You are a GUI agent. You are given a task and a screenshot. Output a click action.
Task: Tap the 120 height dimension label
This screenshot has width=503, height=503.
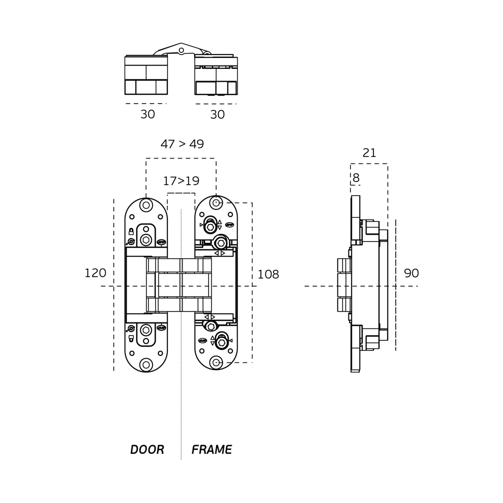pyautogui.click(x=95, y=273)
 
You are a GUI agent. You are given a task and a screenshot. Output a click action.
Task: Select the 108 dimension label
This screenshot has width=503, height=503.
pyautogui.click(x=268, y=275)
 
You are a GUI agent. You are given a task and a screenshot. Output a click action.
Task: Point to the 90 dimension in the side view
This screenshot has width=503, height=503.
pyautogui.click(x=411, y=273)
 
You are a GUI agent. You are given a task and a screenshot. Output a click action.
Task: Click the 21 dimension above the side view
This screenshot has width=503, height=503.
pyautogui.click(x=369, y=153)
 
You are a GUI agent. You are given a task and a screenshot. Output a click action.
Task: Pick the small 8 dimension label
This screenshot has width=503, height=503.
pyautogui.click(x=356, y=178)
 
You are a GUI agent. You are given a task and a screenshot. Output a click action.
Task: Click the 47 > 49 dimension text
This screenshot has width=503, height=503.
pyautogui.click(x=182, y=144)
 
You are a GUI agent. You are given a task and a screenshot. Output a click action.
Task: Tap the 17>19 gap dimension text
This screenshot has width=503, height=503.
pyautogui.click(x=181, y=181)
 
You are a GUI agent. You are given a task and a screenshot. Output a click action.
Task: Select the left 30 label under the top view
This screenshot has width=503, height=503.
pyautogui.click(x=148, y=114)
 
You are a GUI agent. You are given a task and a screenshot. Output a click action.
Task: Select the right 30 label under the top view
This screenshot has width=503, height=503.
pyautogui.click(x=217, y=115)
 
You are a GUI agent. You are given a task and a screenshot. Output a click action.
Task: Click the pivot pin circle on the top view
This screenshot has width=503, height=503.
pyautogui.click(x=181, y=50)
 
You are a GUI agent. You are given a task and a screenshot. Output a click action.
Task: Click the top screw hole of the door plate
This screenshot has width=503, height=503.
pyautogui.click(x=146, y=205)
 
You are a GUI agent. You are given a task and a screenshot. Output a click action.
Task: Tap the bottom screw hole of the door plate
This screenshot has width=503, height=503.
pyautogui.click(x=146, y=365)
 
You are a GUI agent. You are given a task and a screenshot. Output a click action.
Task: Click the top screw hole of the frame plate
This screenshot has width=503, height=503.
pyautogui.click(x=216, y=203)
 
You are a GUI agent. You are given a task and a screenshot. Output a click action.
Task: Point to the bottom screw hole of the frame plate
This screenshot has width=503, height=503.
pyautogui.click(x=216, y=362)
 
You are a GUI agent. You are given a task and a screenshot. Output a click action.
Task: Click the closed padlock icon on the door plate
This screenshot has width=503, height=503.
pyautogui.click(x=131, y=231)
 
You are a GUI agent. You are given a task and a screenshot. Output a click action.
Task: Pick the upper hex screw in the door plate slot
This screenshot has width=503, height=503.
pyautogui.click(x=146, y=240)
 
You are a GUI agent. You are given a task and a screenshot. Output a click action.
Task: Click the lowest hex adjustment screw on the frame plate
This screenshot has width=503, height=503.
pyautogui.click(x=222, y=343)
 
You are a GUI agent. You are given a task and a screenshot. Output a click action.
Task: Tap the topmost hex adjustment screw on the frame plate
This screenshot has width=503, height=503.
pyautogui.click(x=210, y=227)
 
